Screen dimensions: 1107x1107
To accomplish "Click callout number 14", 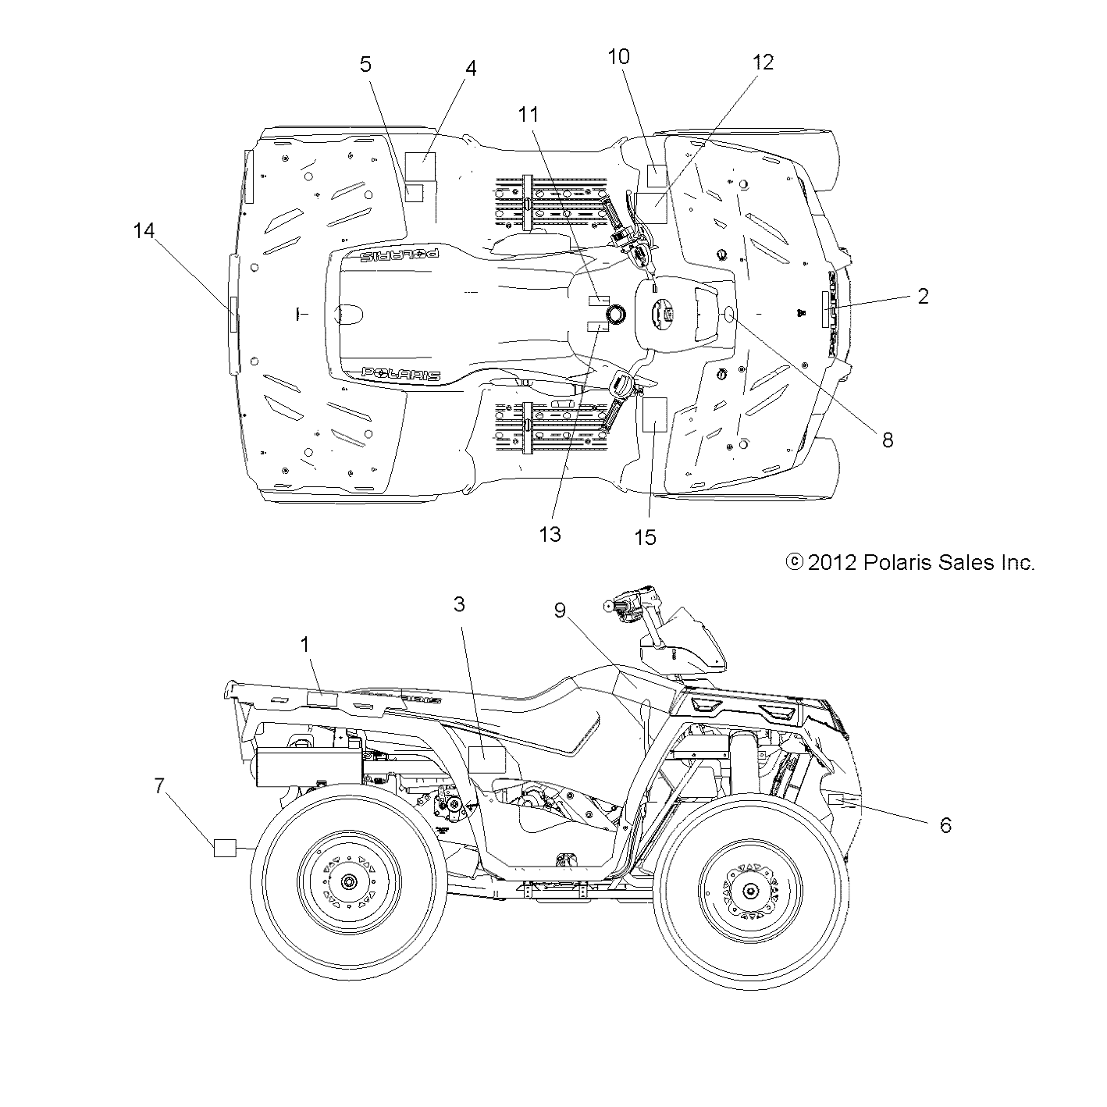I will tap(144, 231).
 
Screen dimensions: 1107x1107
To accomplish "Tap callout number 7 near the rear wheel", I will tap(159, 785).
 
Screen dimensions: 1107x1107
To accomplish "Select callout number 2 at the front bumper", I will tap(923, 296).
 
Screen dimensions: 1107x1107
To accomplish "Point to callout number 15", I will tap(645, 537).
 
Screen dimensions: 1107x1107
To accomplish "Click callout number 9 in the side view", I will tap(560, 610).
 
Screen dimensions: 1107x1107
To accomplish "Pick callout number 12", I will tap(763, 62).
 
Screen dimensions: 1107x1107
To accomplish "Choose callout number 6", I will tap(945, 825).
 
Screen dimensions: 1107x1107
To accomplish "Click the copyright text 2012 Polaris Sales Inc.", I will tap(909, 562).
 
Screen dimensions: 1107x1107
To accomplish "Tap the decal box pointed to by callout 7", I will tap(226, 848).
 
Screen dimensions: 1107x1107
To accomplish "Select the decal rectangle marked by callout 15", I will tap(653, 415).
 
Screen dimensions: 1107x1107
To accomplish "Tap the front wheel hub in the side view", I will tap(750, 891).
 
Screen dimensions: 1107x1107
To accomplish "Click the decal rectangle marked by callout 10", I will tap(657, 176).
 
